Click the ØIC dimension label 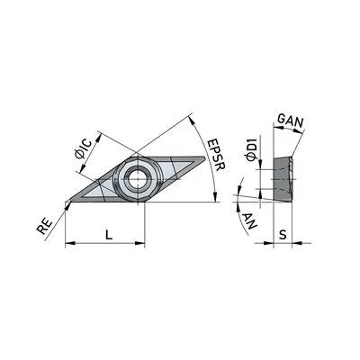(83, 148)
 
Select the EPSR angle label (216, 155)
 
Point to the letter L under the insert (109, 234)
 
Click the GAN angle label (291, 121)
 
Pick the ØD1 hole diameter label (251, 149)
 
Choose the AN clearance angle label (249, 220)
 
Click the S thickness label (283, 235)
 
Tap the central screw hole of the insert (138, 179)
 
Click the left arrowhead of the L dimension (69, 243)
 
